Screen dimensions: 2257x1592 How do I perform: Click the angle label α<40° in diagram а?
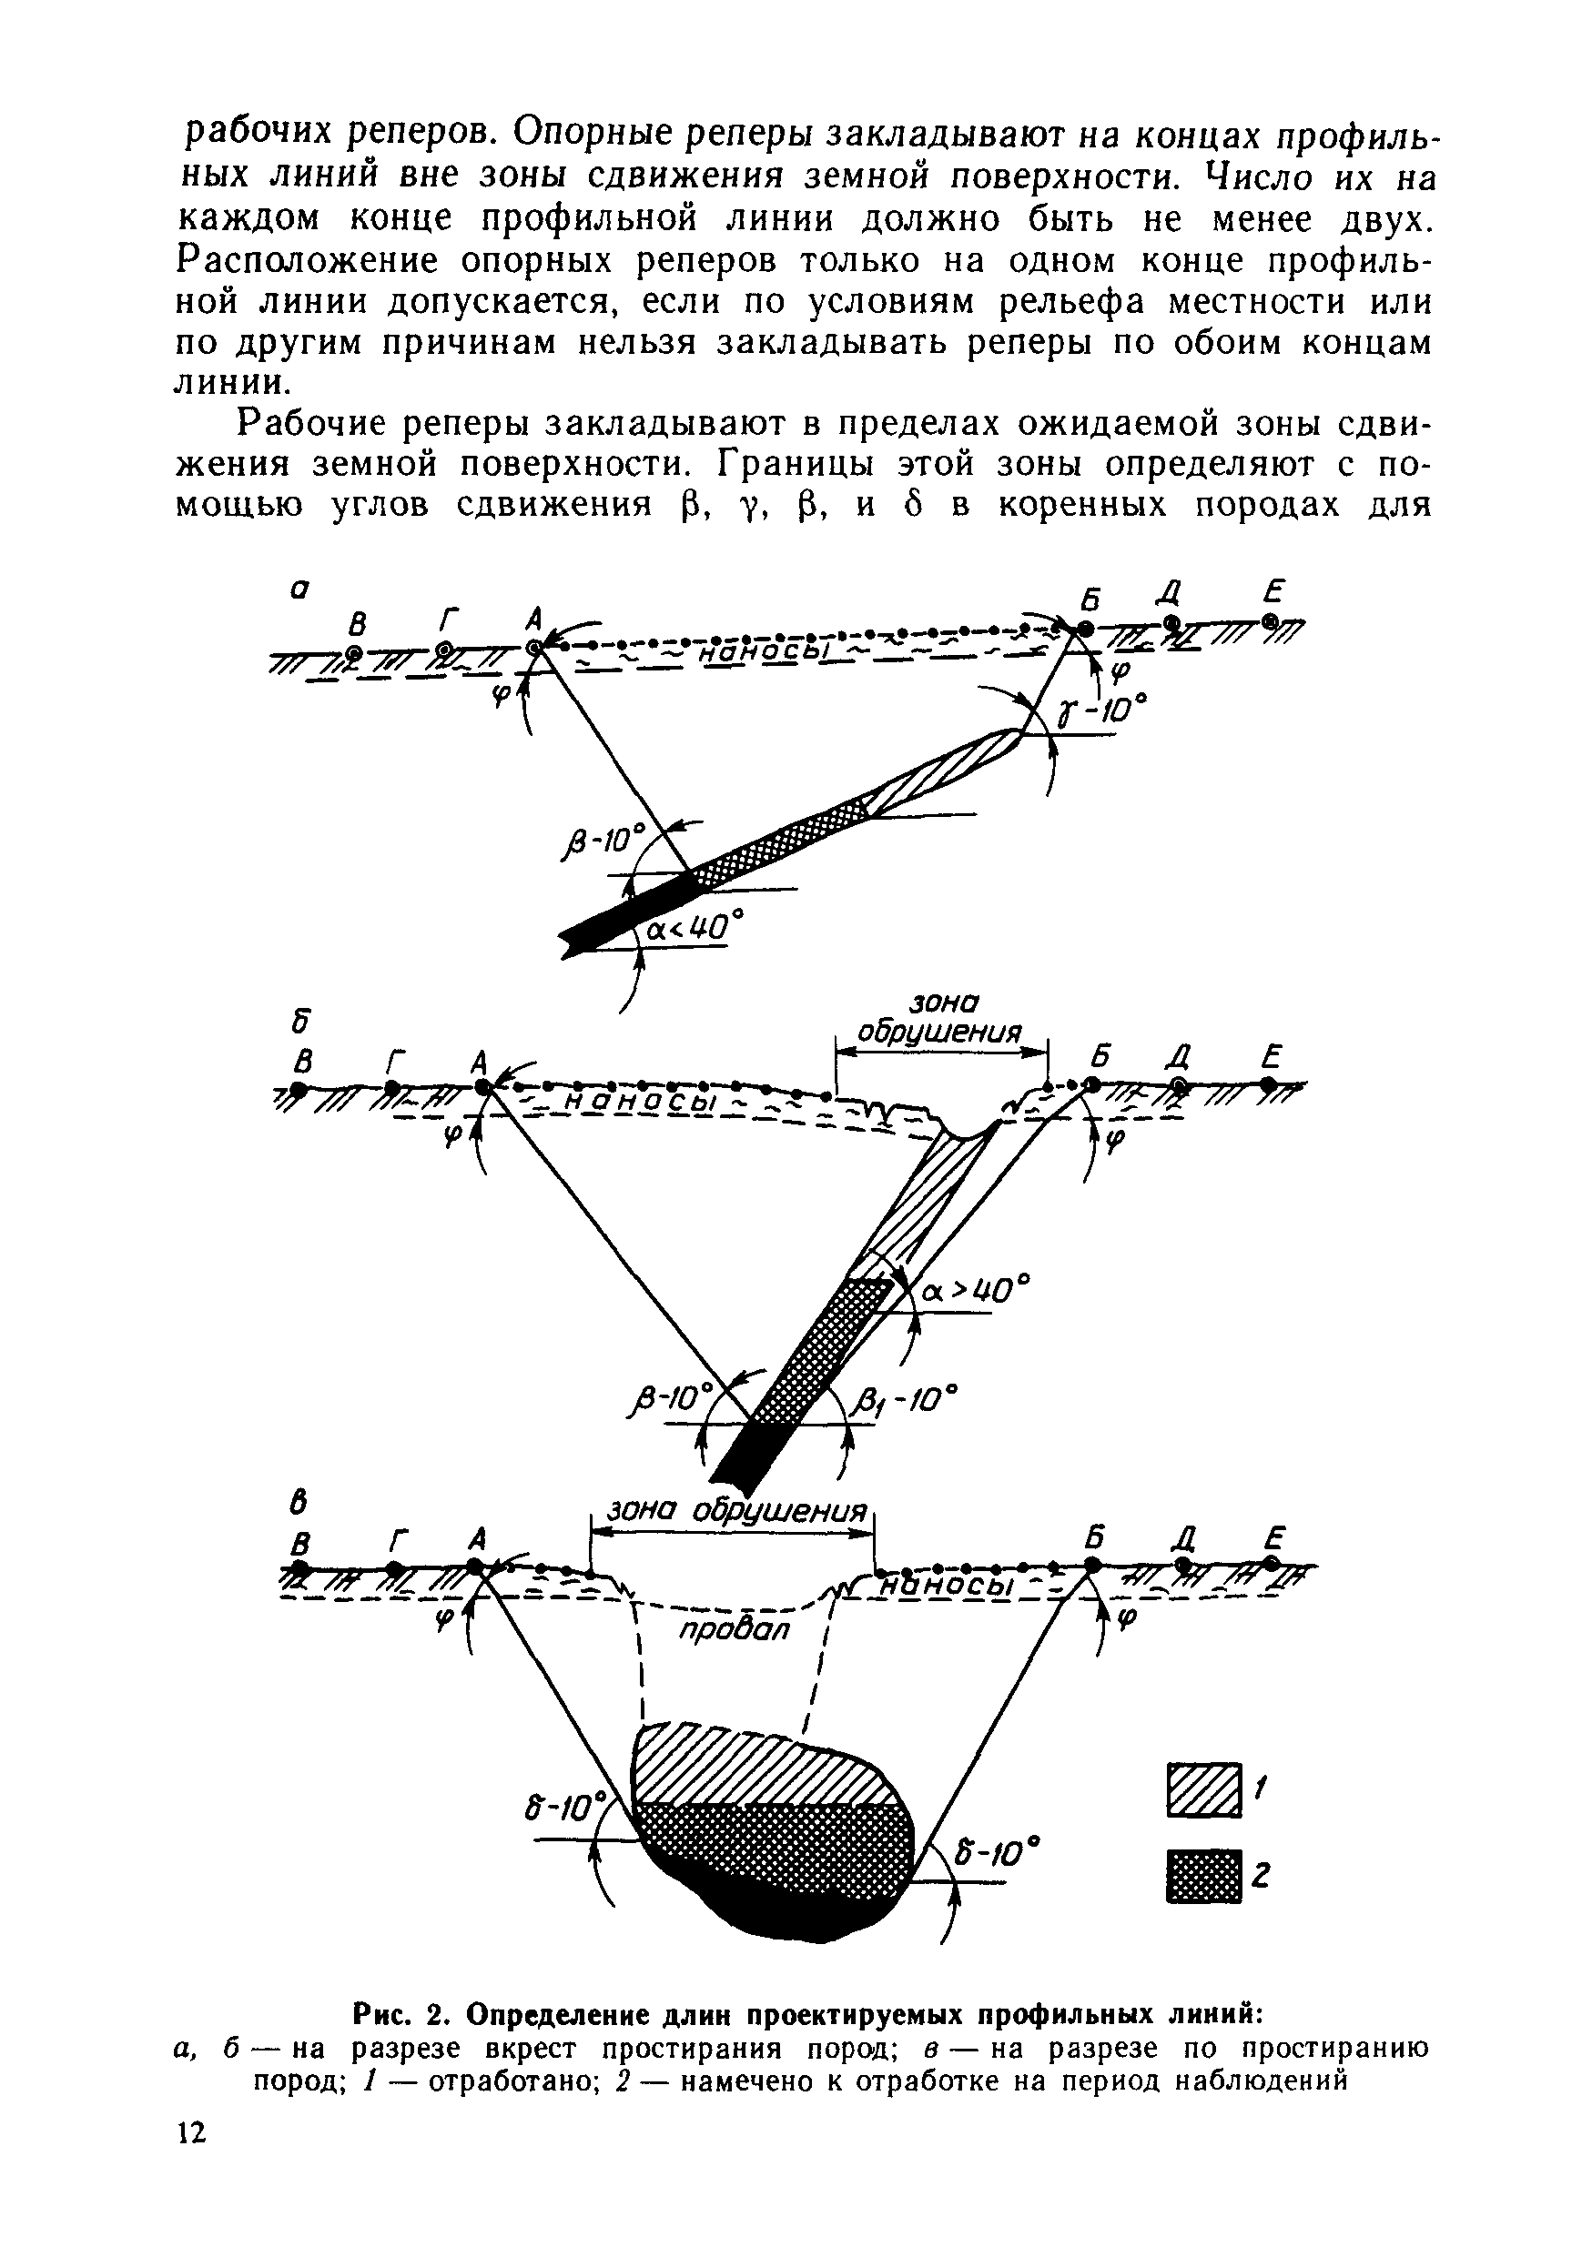695,927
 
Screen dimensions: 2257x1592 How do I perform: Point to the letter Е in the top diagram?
1274,592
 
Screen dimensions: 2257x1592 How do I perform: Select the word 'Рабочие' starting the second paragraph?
306,425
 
